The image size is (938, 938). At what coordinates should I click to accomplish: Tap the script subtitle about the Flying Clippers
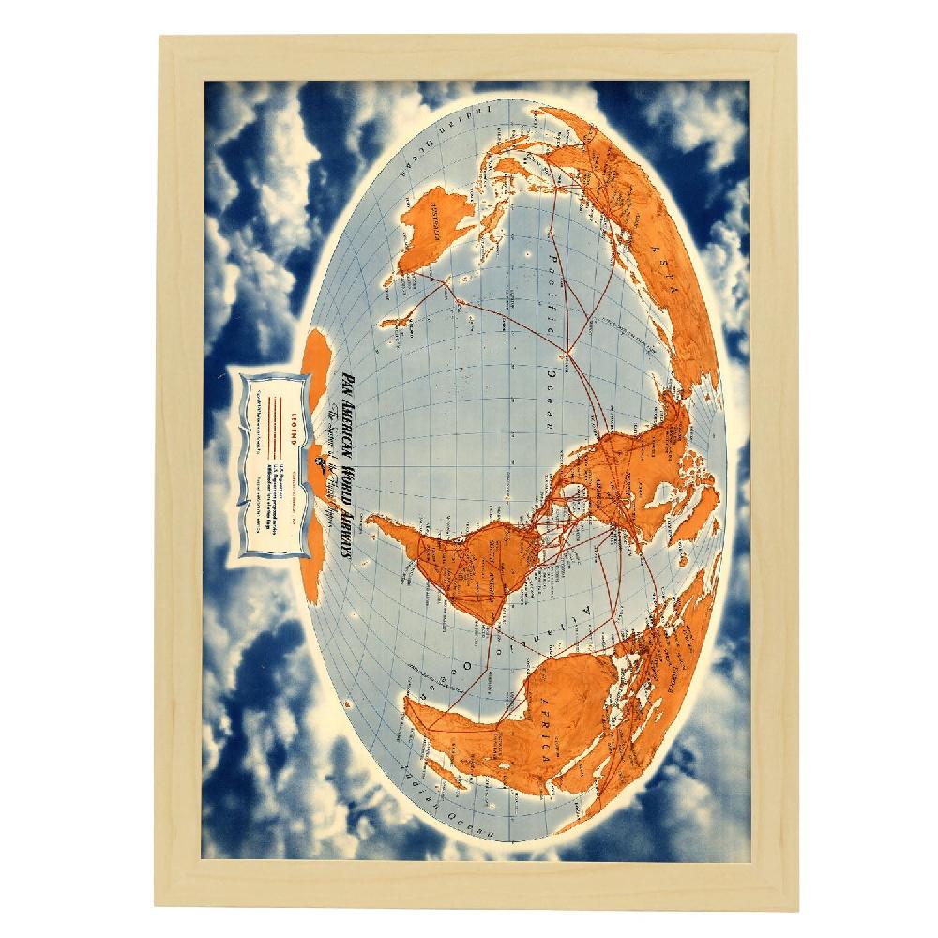[319, 469]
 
